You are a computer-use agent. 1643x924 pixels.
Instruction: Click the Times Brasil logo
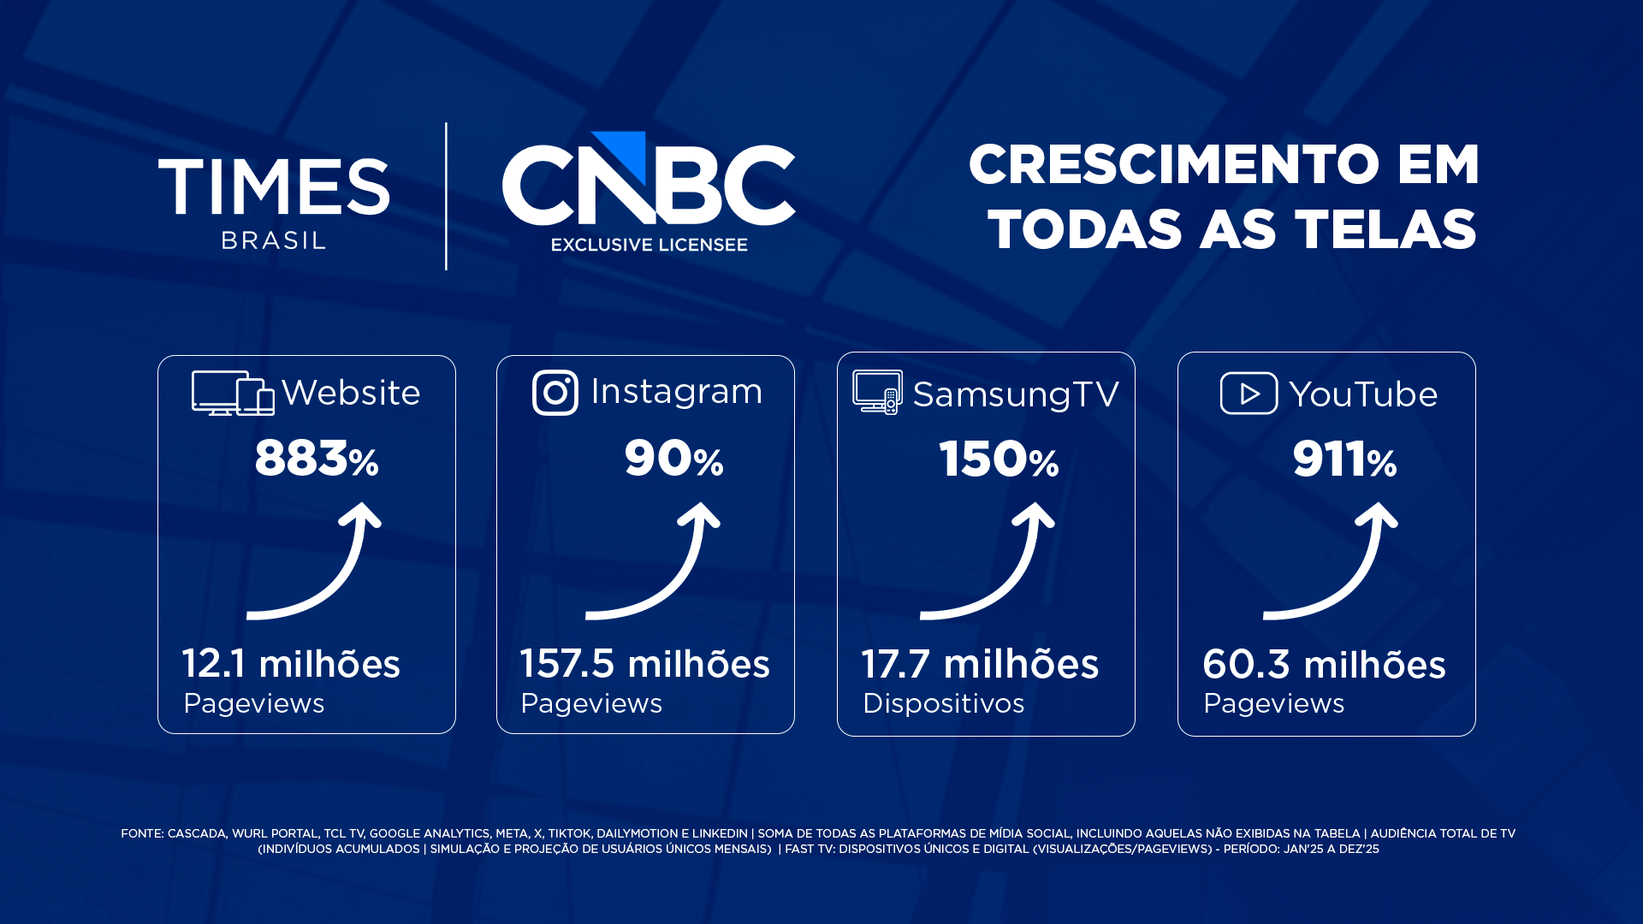[274, 203]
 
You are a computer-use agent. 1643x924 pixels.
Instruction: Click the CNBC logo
[649, 178]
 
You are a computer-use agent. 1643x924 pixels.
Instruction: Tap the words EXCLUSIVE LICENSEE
[649, 245]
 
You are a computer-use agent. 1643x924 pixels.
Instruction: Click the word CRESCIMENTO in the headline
[1173, 164]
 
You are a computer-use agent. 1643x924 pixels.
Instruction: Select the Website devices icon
[233, 394]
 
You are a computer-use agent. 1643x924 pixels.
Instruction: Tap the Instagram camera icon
[555, 393]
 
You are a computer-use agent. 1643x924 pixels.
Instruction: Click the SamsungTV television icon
[877, 392]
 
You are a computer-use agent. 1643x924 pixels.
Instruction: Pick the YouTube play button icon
[1249, 393]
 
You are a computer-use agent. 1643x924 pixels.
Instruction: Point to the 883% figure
[317, 459]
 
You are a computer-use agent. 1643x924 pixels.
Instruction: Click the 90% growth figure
[673, 459]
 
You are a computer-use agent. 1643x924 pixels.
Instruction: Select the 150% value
[999, 459]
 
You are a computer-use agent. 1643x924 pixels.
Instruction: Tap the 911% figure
[1344, 459]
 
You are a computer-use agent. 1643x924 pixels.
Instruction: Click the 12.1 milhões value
[291, 664]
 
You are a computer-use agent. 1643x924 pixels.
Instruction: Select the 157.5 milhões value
[645, 664]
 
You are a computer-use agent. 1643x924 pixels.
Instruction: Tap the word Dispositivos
[943, 703]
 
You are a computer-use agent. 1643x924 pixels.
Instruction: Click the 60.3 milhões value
[1324, 665]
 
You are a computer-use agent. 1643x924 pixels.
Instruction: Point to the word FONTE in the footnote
[141, 833]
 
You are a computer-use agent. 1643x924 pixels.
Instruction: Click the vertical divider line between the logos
[446, 196]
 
